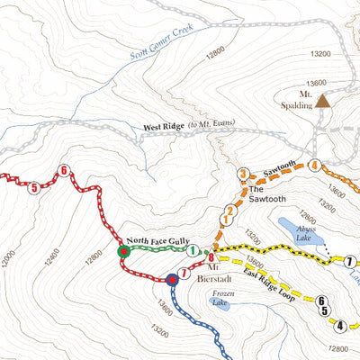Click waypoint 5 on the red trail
click(33, 188)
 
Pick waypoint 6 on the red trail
click(63, 170)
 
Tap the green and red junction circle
click(123, 253)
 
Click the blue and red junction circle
click(170, 280)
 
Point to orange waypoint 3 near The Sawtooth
click(242, 174)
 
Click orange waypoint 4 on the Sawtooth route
click(314, 165)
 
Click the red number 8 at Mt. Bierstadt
click(211, 257)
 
